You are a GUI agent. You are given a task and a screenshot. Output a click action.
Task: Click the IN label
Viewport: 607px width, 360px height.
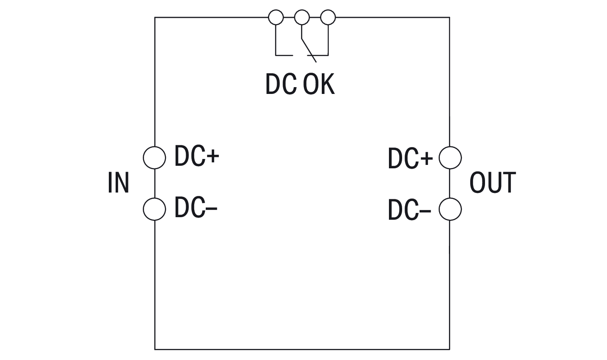[118, 183]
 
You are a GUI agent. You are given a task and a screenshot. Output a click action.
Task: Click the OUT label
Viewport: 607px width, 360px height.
[492, 183]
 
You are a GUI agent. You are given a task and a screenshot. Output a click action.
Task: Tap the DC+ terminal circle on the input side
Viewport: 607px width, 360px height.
[154, 158]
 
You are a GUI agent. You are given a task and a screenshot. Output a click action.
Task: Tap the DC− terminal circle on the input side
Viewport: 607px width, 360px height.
[154, 209]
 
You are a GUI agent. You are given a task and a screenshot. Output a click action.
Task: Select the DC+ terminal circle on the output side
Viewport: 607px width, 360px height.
[450, 158]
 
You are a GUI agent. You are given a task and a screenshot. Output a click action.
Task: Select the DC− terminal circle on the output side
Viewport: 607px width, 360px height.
[450, 209]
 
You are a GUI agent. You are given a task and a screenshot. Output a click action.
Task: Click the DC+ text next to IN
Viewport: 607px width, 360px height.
[196, 156]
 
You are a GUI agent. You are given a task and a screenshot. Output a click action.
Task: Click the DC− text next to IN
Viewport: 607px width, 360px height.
[196, 208]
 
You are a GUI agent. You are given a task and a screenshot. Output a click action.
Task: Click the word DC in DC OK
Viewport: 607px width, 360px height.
[281, 84]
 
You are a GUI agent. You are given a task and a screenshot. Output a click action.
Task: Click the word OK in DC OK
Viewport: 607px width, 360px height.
[319, 84]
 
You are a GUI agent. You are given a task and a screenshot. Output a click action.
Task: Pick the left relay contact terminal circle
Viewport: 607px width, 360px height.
[275, 17]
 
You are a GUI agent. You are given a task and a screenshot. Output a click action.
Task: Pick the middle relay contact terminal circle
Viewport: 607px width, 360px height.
[302, 17]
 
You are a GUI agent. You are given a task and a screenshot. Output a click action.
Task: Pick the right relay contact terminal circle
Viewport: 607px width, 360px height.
[328, 17]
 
